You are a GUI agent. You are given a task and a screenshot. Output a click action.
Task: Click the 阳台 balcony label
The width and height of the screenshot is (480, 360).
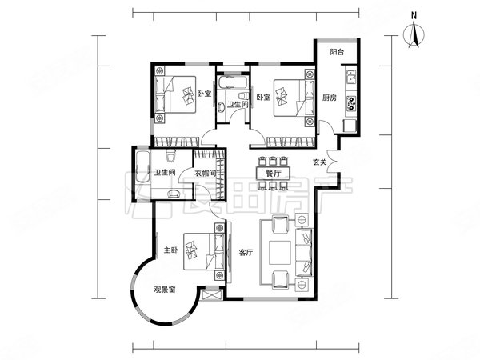[337, 52]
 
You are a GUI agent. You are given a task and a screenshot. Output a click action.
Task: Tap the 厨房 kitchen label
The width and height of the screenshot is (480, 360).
[329, 98]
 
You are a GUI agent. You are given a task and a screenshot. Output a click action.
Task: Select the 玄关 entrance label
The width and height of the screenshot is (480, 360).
[319, 162]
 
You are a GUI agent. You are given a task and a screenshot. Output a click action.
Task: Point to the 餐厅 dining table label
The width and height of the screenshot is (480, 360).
[273, 174]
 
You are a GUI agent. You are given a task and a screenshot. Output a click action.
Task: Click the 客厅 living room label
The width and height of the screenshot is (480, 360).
[246, 253]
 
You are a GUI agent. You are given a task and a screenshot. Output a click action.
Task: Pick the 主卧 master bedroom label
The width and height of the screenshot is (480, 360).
[171, 250]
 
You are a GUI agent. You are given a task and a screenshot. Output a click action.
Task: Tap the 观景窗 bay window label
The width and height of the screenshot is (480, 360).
[165, 290]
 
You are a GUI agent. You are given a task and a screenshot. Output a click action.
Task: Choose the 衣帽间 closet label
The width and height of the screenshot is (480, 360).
[206, 174]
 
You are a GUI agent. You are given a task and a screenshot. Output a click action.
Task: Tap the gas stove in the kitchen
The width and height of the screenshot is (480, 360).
[351, 103]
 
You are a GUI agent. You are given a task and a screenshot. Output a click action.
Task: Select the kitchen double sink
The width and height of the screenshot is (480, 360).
[351, 77]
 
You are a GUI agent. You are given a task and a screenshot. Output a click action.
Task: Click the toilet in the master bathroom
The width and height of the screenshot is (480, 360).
[170, 155]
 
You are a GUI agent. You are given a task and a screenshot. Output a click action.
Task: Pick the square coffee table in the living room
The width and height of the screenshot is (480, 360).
[280, 253]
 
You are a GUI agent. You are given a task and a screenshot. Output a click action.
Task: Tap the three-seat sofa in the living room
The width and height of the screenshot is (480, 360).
[304, 253]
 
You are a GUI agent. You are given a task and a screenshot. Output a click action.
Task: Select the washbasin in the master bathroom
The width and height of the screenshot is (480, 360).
[174, 194]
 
